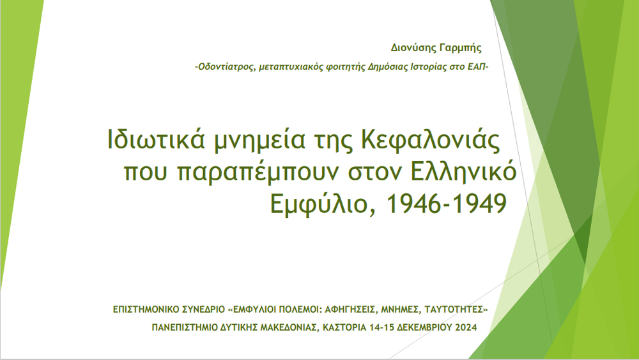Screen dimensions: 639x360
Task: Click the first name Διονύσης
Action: (x=413, y=48)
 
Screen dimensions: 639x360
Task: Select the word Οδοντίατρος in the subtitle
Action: (x=227, y=67)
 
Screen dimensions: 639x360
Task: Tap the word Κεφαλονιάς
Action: (x=430, y=140)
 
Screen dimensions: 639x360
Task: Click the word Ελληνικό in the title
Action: (x=464, y=171)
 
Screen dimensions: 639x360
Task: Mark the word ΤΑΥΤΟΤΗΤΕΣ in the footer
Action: (x=454, y=309)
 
